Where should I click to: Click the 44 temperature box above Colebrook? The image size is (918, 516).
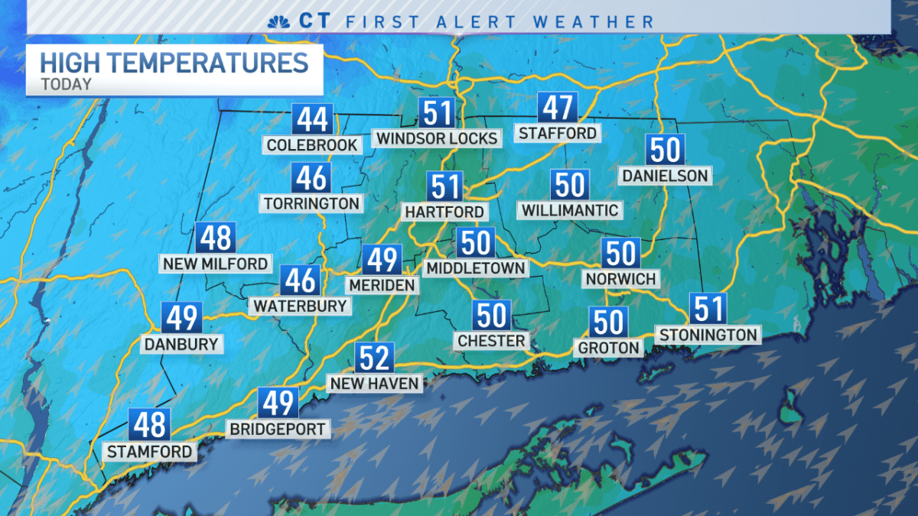tap(312, 121)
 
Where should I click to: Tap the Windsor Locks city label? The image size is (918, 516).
tap(437, 138)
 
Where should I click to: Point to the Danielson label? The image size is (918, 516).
tap(665, 176)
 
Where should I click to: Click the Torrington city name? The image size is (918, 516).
tap(311, 203)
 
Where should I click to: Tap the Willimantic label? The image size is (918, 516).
tap(569, 209)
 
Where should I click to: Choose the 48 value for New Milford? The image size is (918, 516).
tap(215, 239)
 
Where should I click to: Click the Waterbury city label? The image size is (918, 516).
tap(300, 306)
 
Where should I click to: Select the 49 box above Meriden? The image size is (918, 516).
tap(382, 260)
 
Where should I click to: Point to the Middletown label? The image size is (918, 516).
tap(476, 268)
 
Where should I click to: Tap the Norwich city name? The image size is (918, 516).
tap(620, 279)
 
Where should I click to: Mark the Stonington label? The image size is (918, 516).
tap(708, 335)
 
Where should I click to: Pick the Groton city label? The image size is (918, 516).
tap(608, 348)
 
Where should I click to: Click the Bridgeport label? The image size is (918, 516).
tap(278, 430)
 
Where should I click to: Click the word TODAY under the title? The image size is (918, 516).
tap(66, 84)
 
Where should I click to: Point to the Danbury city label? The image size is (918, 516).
tap(181, 344)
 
